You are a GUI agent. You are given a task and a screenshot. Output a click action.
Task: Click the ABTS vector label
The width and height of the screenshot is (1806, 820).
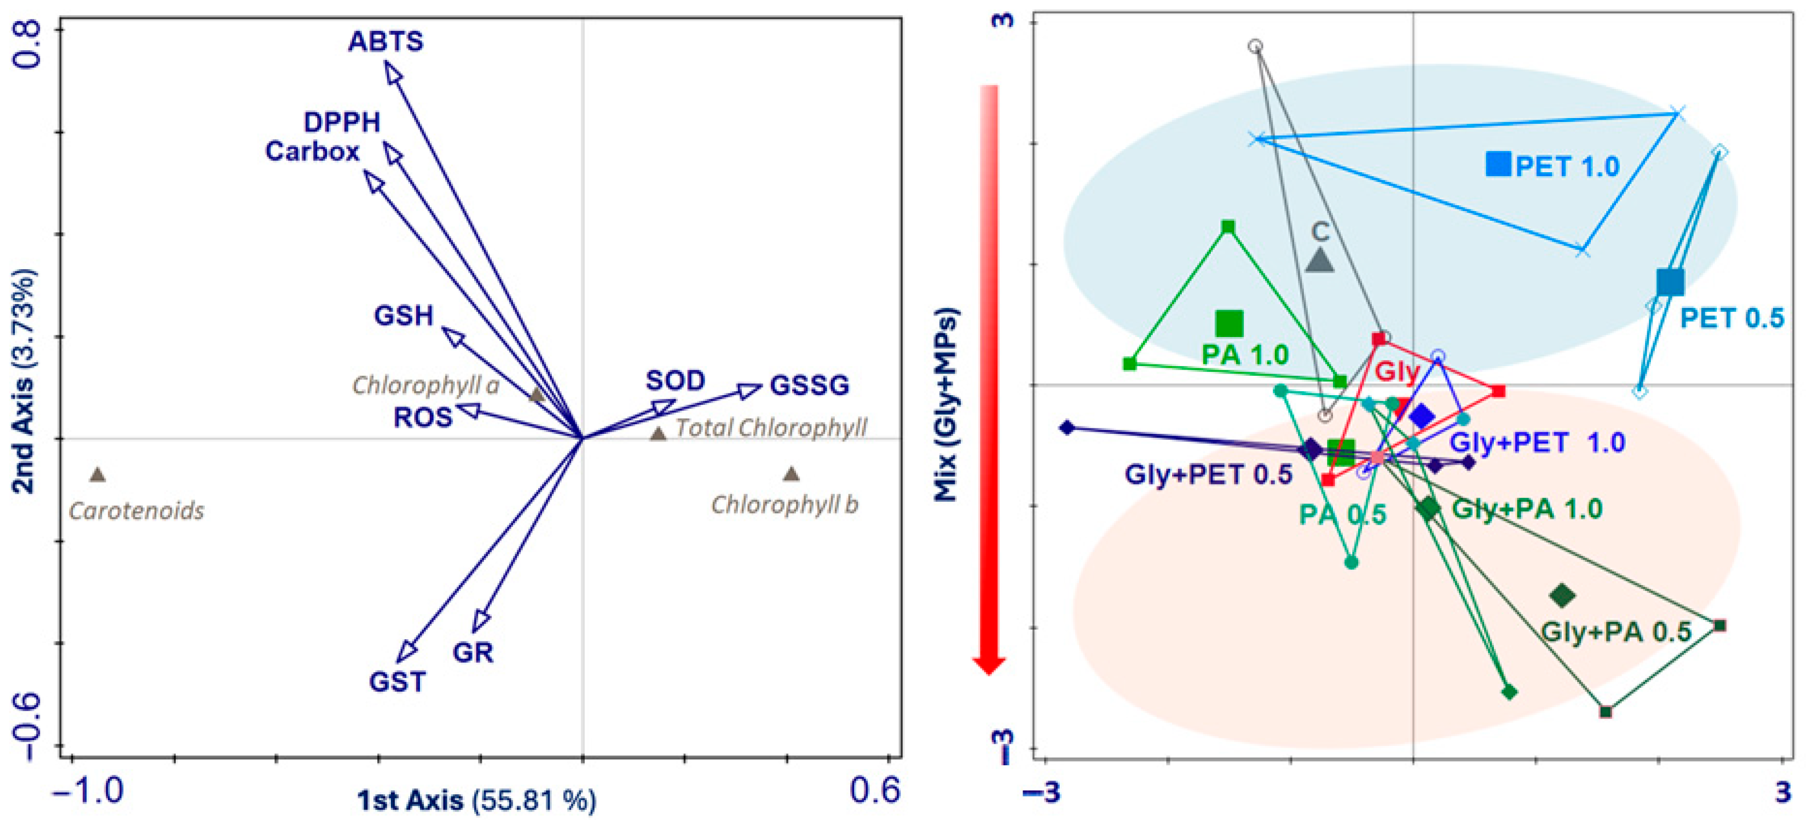(386, 42)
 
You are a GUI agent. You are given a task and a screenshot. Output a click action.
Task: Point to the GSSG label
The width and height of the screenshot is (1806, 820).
(809, 385)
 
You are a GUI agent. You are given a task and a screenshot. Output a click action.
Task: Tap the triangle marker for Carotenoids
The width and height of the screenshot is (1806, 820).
(98, 475)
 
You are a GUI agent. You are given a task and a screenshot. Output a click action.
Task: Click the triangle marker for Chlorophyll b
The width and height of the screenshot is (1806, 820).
(791, 474)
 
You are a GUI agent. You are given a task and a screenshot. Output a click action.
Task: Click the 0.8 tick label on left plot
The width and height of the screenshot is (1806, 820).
(30, 43)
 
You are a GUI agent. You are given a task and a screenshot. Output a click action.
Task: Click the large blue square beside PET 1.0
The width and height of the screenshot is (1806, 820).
(1498, 164)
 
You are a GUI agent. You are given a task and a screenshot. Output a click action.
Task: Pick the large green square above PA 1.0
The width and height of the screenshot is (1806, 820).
(1229, 323)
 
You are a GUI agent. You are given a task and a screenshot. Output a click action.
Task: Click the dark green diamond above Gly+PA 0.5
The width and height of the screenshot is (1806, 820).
(1562, 596)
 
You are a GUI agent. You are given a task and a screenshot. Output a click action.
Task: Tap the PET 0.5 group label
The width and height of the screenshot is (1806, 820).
(1732, 318)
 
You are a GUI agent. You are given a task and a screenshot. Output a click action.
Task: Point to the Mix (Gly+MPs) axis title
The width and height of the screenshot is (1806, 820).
(945, 405)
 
